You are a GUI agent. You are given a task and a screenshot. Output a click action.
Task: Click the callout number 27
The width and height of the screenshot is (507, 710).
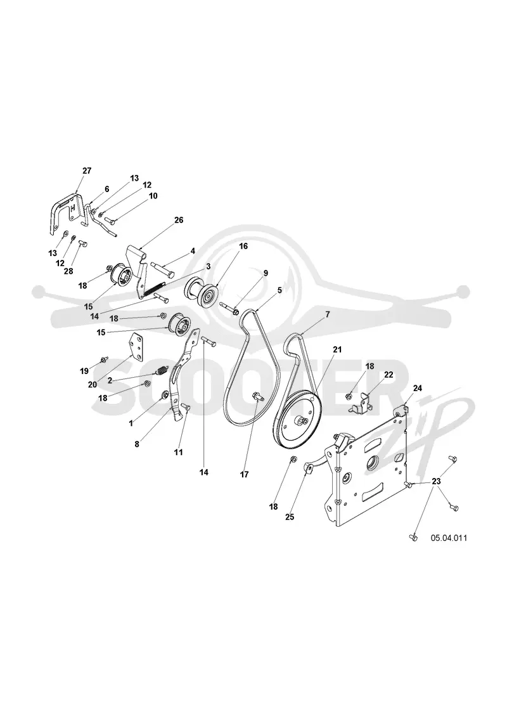click(87, 171)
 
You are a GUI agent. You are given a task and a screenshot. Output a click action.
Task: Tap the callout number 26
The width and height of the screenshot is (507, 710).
click(179, 220)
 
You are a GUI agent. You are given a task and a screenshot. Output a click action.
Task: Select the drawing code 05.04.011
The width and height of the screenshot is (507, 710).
click(449, 538)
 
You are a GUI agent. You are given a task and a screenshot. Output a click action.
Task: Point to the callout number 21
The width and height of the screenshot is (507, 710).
click(337, 349)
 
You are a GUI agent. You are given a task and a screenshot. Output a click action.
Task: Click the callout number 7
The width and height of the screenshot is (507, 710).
click(327, 314)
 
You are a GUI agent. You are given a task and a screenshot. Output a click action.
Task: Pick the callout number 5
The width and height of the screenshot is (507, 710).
click(279, 290)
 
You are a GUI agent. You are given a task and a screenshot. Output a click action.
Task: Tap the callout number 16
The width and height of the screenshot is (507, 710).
click(243, 247)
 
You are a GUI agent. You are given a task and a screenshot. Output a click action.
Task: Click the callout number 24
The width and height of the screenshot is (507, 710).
click(418, 388)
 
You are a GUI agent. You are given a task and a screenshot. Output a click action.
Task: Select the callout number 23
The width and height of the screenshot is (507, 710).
click(436, 481)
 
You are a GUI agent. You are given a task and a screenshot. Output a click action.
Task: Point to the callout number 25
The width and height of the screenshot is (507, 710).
click(290, 517)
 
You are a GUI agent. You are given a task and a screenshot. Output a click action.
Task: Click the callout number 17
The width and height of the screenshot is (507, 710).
click(245, 475)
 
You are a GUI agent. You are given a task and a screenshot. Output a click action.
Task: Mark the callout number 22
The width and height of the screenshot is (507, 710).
click(388, 375)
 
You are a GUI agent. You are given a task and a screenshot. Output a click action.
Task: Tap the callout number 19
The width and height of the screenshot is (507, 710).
click(84, 371)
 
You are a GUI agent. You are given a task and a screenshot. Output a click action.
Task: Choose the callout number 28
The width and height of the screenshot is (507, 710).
click(68, 272)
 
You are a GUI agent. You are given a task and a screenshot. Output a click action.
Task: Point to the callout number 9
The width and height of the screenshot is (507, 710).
click(266, 273)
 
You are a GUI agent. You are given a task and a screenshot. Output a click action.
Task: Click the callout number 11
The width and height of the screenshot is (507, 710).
click(179, 453)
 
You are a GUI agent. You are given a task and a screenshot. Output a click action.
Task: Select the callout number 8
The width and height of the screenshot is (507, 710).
click(137, 444)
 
